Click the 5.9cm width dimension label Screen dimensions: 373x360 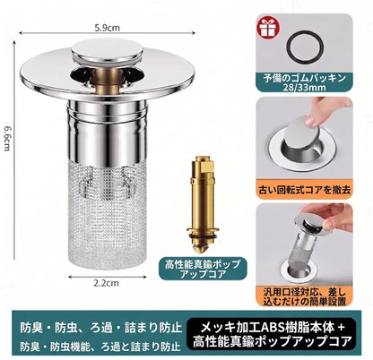107,28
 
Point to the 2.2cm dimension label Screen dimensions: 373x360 106,283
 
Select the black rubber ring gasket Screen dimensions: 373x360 305,47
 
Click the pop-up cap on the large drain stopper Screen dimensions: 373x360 108,51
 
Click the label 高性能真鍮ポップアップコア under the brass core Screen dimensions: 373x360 203,269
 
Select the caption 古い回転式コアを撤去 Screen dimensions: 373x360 304,190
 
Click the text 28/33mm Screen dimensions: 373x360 305,88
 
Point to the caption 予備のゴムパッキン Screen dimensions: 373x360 305,79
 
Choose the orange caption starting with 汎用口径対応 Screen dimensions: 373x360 305,296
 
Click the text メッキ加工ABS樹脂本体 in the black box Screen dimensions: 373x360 267,328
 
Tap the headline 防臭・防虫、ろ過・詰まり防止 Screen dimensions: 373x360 100,328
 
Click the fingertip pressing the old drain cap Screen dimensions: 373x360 312,121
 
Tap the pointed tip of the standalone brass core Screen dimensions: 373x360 202,248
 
